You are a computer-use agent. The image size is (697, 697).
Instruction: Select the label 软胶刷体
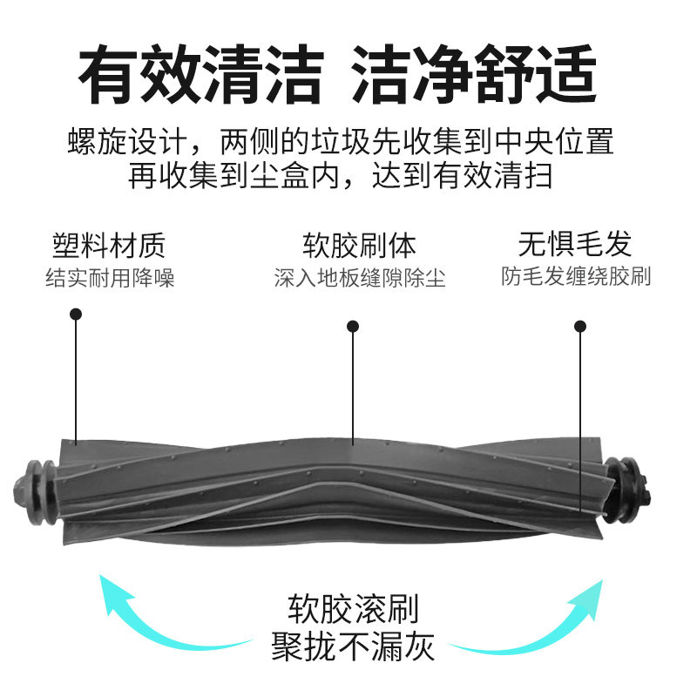click(x=360, y=245)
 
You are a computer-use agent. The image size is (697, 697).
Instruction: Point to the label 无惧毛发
click(x=575, y=243)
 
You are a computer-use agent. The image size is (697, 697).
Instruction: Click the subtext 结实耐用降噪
click(x=111, y=279)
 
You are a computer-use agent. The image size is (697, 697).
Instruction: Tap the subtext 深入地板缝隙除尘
click(x=360, y=279)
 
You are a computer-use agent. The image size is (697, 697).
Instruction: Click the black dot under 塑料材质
click(x=76, y=314)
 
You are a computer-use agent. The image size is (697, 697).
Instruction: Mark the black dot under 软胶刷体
click(x=353, y=326)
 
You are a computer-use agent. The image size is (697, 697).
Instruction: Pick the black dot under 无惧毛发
click(x=580, y=326)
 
